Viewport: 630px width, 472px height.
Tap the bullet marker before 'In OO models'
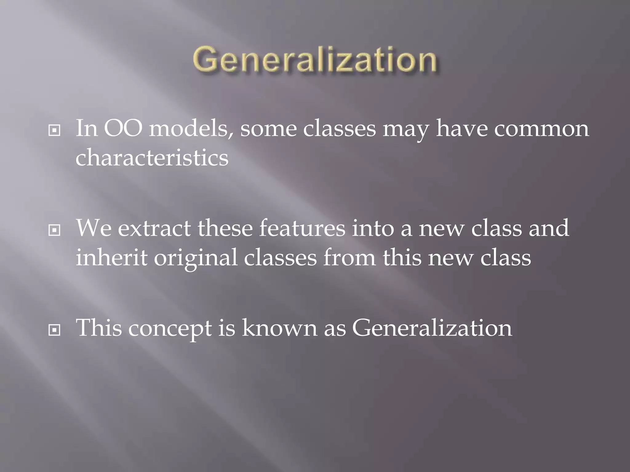[54, 131]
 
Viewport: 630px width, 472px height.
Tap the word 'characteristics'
[152, 158]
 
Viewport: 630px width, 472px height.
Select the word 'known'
[279, 328]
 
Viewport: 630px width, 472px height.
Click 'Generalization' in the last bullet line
[432, 328]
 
